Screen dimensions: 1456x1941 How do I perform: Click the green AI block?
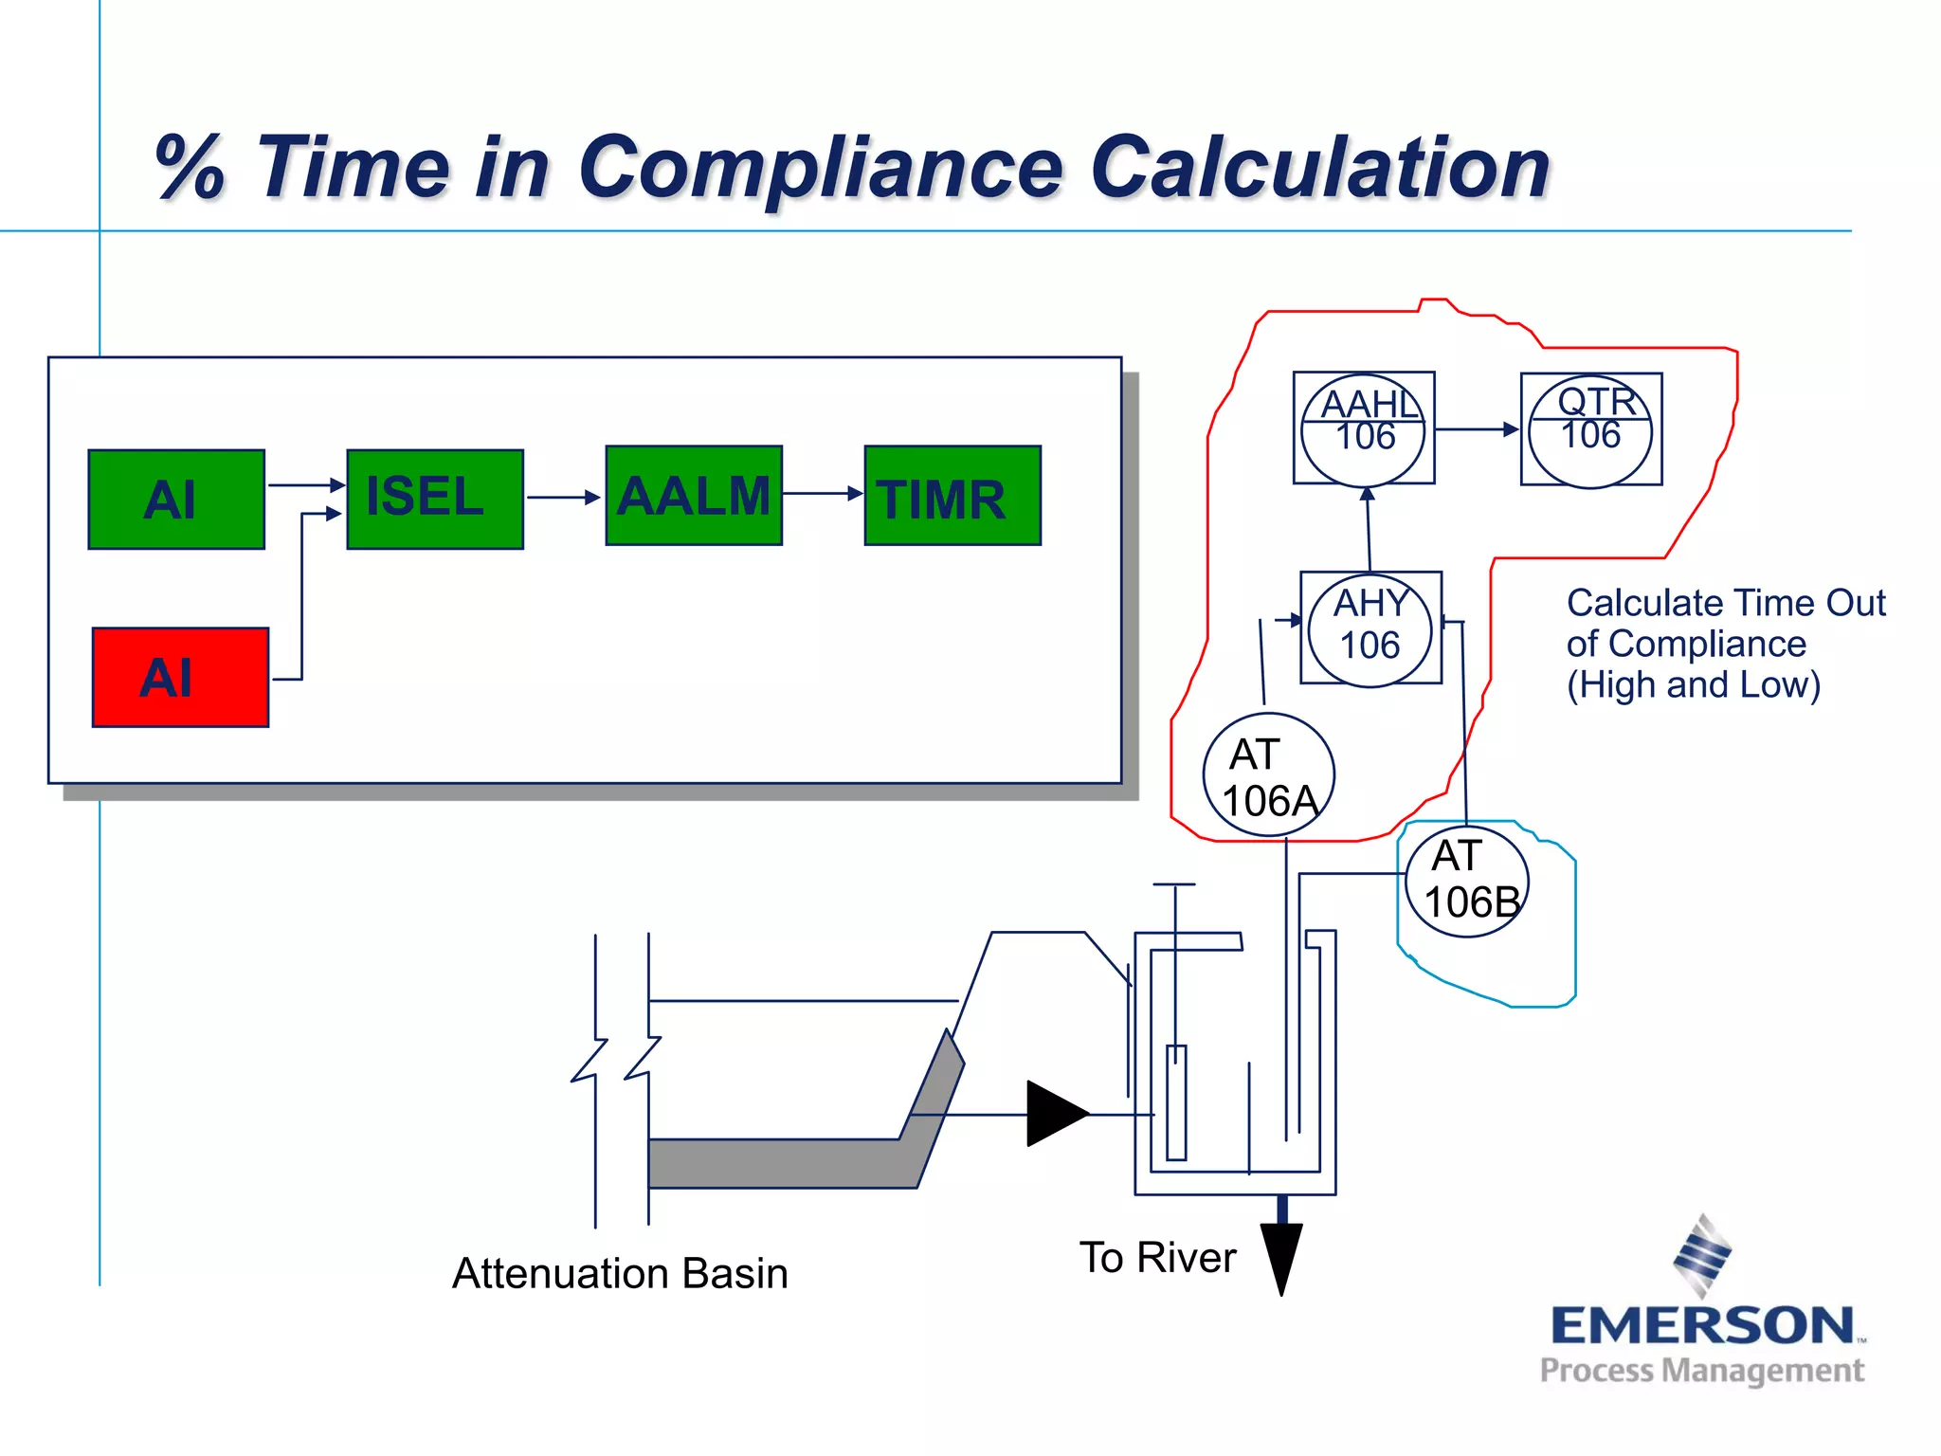pos(176,500)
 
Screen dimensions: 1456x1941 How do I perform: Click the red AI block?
pos(180,678)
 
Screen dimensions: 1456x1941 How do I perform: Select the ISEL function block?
pos(435,500)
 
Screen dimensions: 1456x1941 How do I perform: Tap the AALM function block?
pos(694,496)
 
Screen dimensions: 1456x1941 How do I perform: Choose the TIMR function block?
pos(952,496)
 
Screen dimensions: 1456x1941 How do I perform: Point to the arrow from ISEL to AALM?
pos(564,497)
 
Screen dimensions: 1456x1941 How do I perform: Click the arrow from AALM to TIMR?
pos(823,493)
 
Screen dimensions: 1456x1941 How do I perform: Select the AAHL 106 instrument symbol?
pos(1364,428)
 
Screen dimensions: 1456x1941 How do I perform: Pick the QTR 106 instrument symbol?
pos(1591,429)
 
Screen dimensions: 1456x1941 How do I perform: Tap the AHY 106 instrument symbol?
pos(1370,628)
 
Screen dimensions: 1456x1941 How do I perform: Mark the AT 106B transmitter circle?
pos(1467,879)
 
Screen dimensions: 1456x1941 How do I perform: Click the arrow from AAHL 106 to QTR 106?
pos(1478,429)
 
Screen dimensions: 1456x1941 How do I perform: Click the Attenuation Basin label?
pos(620,1273)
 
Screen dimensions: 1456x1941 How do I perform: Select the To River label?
pos(1157,1258)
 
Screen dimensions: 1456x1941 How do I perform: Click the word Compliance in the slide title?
pos(820,168)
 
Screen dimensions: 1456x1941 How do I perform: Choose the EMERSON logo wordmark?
pos(1702,1325)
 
